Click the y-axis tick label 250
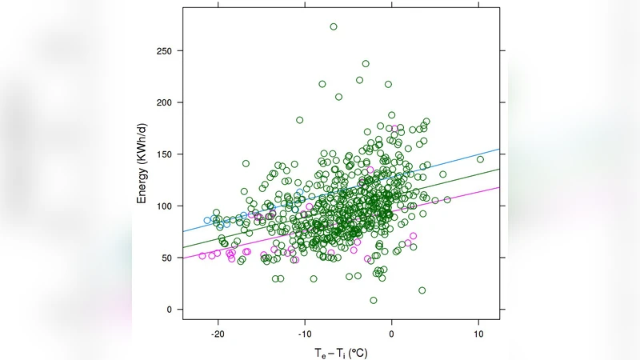coord(166,51)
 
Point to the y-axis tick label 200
coord(166,102)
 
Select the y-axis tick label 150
coord(166,154)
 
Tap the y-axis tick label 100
coord(166,206)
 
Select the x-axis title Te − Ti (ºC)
coord(341,351)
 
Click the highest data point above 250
coord(334,26)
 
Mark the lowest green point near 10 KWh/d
coord(374,300)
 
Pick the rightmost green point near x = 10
coord(480,159)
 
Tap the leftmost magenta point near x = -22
coord(202,256)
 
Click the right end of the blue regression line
coord(499,149)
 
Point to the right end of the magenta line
coord(499,187)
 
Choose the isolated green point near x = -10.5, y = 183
coord(300,120)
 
